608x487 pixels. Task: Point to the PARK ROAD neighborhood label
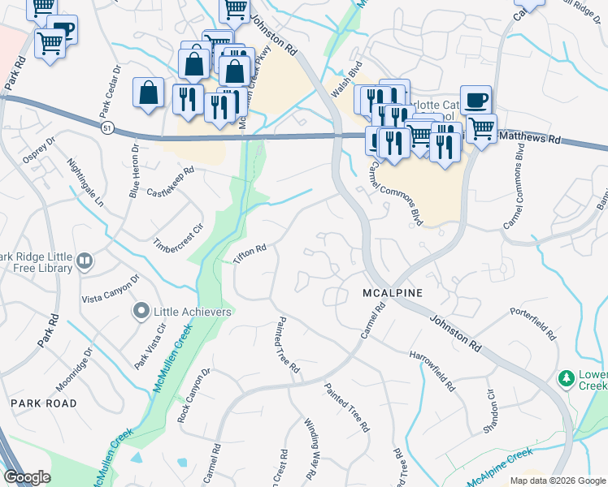tap(43, 403)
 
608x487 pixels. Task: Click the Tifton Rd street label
tap(250, 254)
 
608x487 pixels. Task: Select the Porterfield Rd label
tap(533, 322)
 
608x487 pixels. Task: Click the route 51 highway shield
tap(108, 127)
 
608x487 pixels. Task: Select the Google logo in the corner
tap(26, 477)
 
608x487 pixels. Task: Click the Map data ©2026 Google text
tap(558, 481)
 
